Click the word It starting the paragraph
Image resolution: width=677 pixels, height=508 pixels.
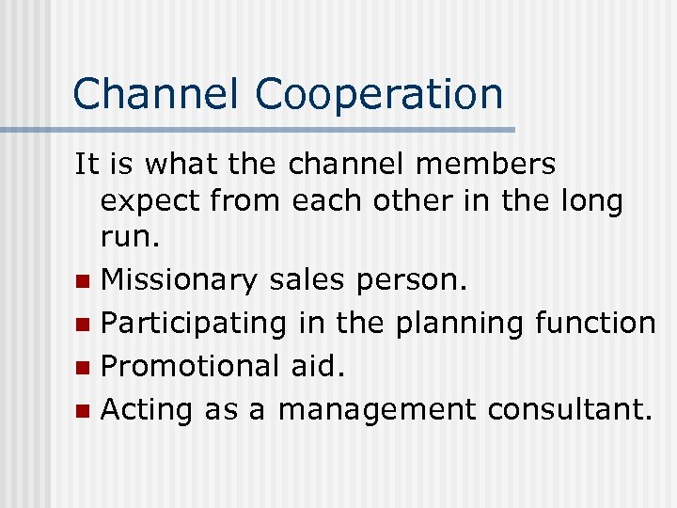86,164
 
